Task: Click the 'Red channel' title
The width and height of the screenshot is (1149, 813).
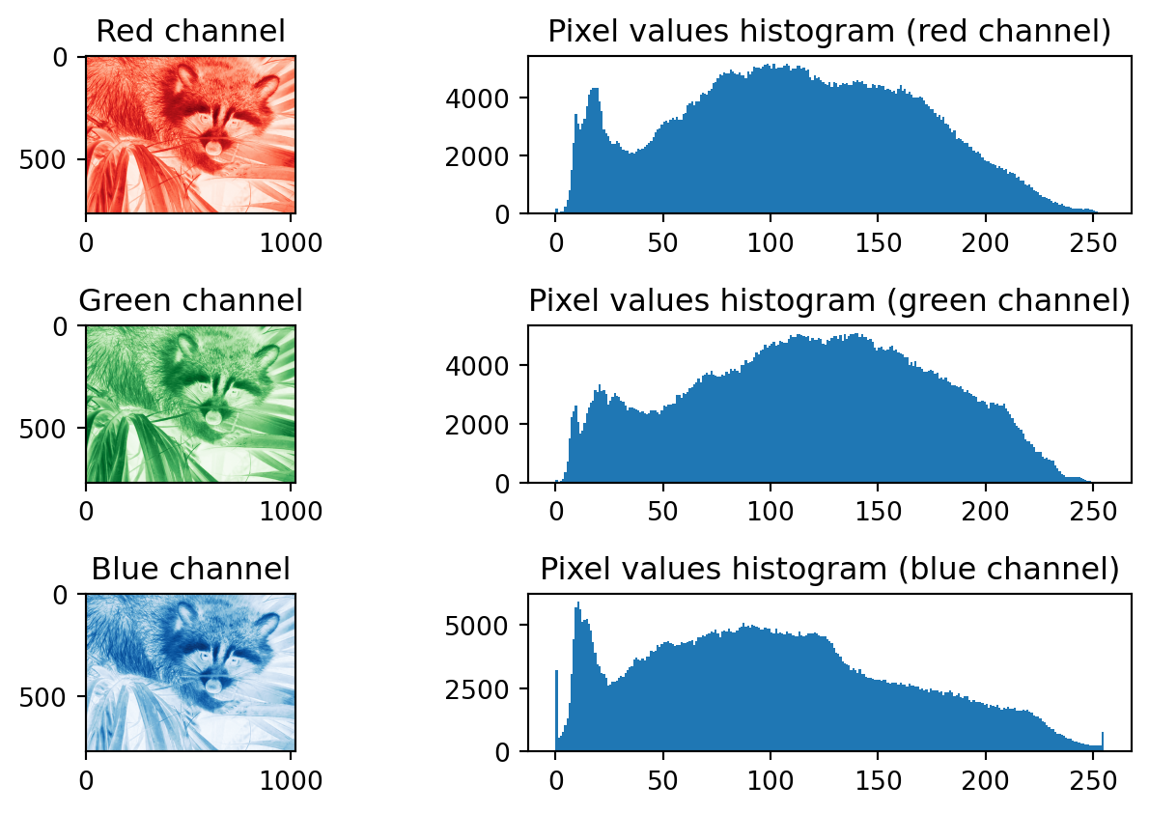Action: coord(191,32)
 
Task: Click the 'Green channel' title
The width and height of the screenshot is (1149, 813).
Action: coord(191,300)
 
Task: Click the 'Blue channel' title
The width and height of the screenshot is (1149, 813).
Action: coord(191,569)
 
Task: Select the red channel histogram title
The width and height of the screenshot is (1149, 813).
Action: coord(829,32)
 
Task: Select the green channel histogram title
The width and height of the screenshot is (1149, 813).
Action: coord(829,300)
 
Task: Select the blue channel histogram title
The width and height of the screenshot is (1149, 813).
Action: coord(829,569)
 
